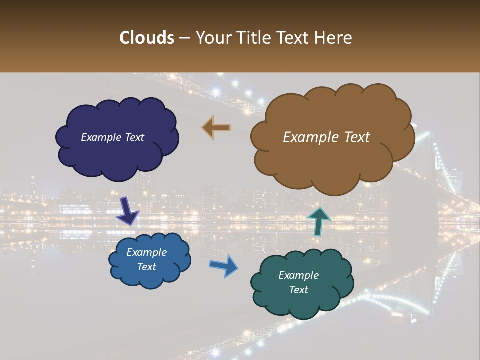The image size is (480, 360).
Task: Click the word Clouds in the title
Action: pos(147,38)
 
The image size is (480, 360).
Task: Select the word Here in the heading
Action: pos(333,38)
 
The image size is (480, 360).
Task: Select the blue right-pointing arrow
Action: pos(224,265)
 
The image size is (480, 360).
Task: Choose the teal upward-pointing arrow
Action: pos(318,220)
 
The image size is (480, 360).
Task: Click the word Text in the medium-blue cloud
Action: pos(147,267)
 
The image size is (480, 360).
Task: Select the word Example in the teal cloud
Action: pos(298,275)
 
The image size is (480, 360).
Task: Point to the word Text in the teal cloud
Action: pos(299,290)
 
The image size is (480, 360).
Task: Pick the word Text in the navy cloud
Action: pos(134,137)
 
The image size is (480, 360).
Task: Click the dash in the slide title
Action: pos(184,38)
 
